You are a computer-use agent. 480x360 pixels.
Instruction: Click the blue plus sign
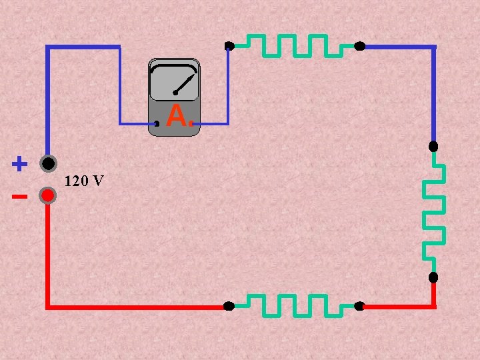coord(19,163)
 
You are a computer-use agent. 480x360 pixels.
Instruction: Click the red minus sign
coord(19,197)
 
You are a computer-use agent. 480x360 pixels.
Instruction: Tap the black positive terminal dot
coord(47,163)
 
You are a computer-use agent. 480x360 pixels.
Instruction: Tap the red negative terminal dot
coord(47,195)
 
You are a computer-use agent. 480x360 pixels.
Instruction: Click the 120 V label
coord(84,181)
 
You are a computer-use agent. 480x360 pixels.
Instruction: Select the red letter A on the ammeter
coord(175,116)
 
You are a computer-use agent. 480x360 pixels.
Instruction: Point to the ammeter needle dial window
coord(174,81)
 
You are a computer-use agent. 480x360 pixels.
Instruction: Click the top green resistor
coord(294,45)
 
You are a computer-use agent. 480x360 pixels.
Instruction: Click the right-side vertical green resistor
coord(434,212)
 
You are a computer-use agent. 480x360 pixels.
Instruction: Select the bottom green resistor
coord(294,305)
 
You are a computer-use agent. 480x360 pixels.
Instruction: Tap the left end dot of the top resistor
coord(229,46)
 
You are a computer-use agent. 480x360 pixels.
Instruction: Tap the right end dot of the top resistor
coord(359,46)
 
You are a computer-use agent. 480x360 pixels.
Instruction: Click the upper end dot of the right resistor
coord(433,146)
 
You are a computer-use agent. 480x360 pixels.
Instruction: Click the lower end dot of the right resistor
coord(433,277)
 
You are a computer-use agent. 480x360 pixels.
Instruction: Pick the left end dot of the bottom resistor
coord(229,306)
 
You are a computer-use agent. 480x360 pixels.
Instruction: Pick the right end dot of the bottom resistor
coord(359,306)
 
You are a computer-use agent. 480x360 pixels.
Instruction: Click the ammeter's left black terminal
coord(157,123)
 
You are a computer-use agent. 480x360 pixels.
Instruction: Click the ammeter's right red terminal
coord(191,123)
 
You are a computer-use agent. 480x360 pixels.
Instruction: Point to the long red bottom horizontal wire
coord(133,307)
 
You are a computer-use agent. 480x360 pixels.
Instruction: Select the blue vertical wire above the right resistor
coord(434,93)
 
